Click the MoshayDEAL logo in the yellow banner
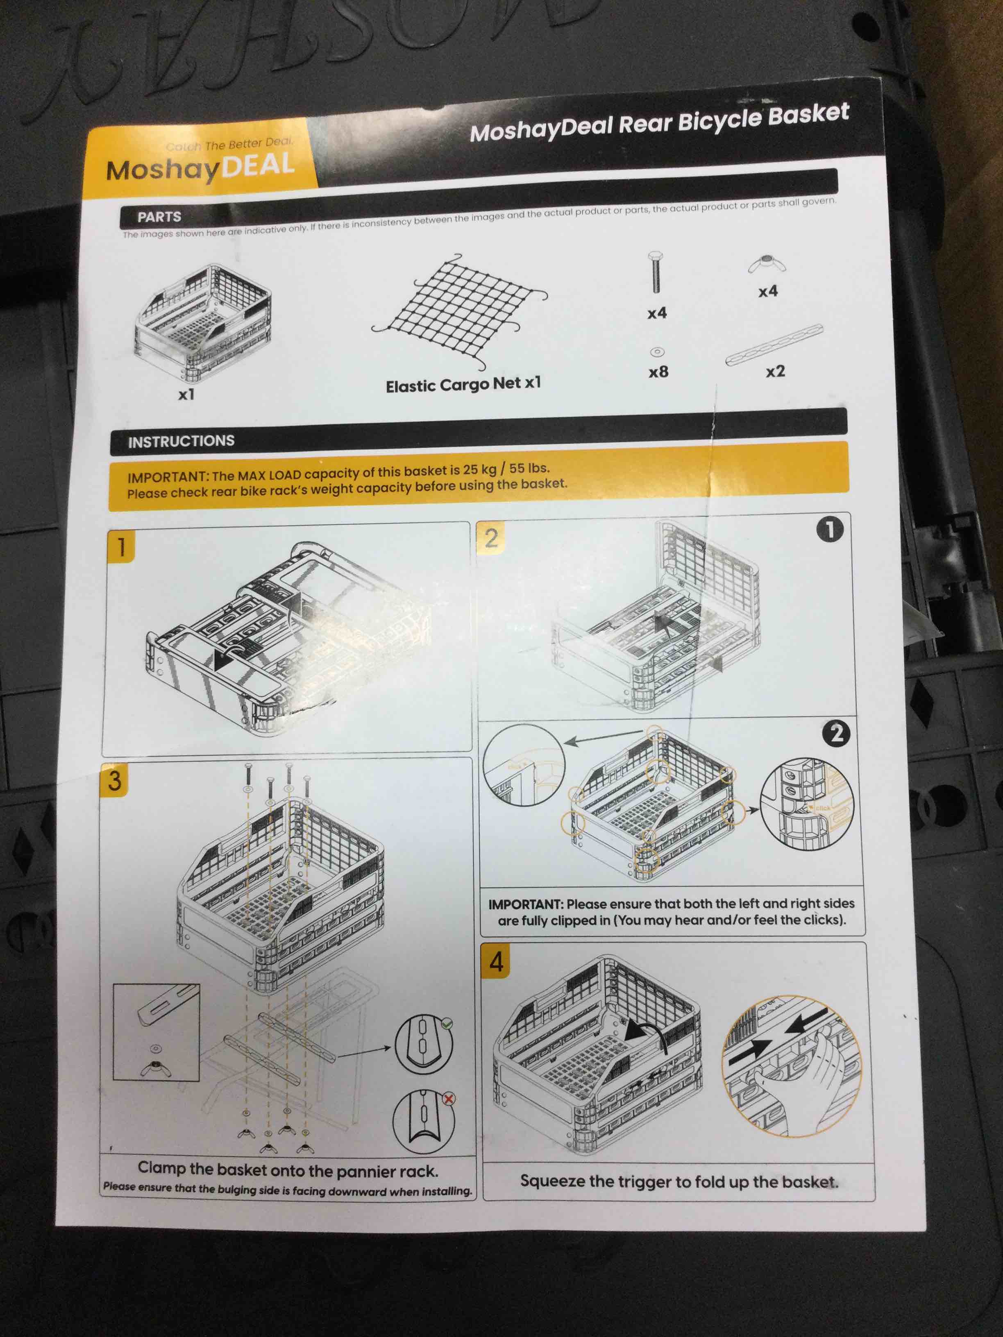(x=200, y=168)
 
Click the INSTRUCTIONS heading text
(x=181, y=441)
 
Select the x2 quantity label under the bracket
(x=775, y=371)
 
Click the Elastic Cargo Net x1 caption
(x=463, y=384)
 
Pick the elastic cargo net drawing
(x=463, y=311)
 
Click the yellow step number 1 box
(x=121, y=546)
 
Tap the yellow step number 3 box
(x=115, y=780)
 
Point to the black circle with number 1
(x=830, y=530)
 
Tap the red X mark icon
(x=449, y=1099)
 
